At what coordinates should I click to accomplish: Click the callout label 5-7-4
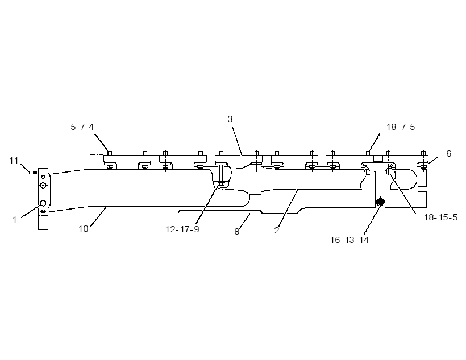[82, 127]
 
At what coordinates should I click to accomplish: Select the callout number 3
[230, 119]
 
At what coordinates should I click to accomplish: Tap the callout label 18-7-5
[400, 127]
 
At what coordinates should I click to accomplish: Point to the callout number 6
[449, 153]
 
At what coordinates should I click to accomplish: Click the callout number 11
[14, 161]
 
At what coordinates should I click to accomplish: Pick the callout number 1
[15, 220]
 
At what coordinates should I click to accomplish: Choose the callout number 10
[84, 229]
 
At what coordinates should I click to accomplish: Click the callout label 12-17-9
[182, 229]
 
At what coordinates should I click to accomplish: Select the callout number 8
[236, 231]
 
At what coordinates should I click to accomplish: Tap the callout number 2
[277, 231]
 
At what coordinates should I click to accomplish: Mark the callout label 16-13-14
[349, 240]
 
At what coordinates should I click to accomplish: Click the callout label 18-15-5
[440, 217]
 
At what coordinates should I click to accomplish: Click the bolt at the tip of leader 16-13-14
[380, 203]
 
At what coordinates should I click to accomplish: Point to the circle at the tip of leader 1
[43, 203]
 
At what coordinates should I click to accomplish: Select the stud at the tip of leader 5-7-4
[109, 153]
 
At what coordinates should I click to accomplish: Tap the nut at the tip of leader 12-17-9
[222, 184]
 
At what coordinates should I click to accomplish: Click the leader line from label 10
[98, 217]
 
